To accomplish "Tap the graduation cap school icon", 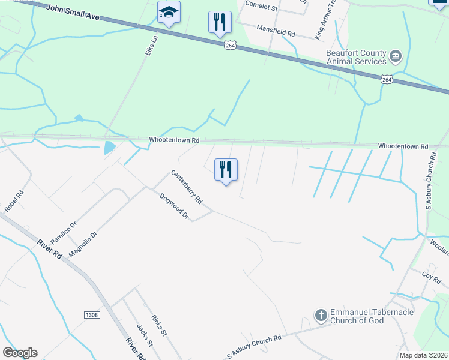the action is (x=169, y=13).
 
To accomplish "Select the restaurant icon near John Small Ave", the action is (x=220, y=23).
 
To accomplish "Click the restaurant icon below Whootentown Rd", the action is (x=226, y=170).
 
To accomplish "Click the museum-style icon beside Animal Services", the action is (x=396, y=57).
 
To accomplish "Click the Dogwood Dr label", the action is (x=174, y=206).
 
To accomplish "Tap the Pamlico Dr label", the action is (x=64, y=232).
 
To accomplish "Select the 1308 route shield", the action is (x=92, y=315).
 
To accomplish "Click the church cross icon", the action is (x=321, y=315).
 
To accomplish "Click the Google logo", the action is (x=20, y=353).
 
